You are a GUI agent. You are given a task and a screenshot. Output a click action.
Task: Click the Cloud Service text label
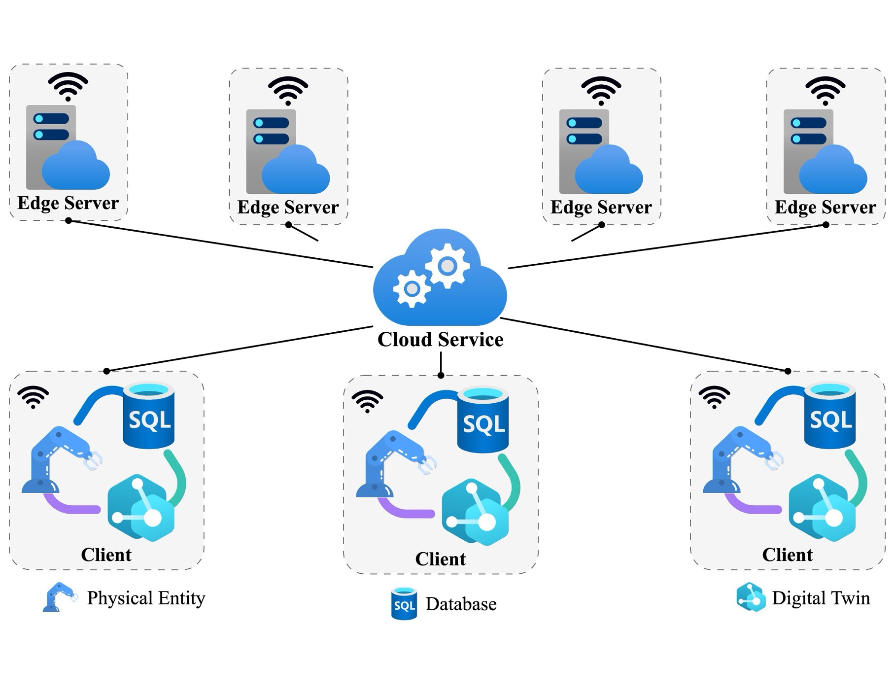click(440, 340)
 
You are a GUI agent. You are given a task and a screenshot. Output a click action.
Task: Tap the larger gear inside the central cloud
click(447, 266)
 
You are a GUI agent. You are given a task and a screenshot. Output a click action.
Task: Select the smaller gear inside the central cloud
click(412, 289)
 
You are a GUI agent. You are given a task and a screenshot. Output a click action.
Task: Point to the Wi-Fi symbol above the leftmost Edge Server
click(68, 86)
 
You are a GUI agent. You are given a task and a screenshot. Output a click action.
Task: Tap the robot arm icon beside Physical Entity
click(59, 597)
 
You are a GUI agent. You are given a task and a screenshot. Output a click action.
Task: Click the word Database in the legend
click(461, 604)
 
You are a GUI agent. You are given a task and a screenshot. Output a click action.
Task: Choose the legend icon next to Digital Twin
click(751, 597)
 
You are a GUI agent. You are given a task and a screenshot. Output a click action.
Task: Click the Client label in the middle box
click(440, 559)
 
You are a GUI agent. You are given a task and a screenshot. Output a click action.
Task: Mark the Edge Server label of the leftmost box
click(68, 203)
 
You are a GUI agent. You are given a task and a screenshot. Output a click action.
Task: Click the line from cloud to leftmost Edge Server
click(222, 244)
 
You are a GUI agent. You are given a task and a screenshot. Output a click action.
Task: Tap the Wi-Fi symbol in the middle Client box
click(367, 401)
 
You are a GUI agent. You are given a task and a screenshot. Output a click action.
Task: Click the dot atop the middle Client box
click(441, 376)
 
